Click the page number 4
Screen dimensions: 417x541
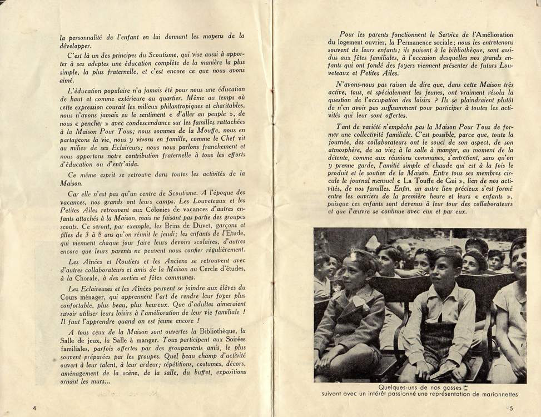point(35,408)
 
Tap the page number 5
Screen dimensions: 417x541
point(510,409)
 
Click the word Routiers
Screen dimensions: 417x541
point(118,262)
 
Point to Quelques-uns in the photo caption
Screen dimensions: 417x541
point(398,387)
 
